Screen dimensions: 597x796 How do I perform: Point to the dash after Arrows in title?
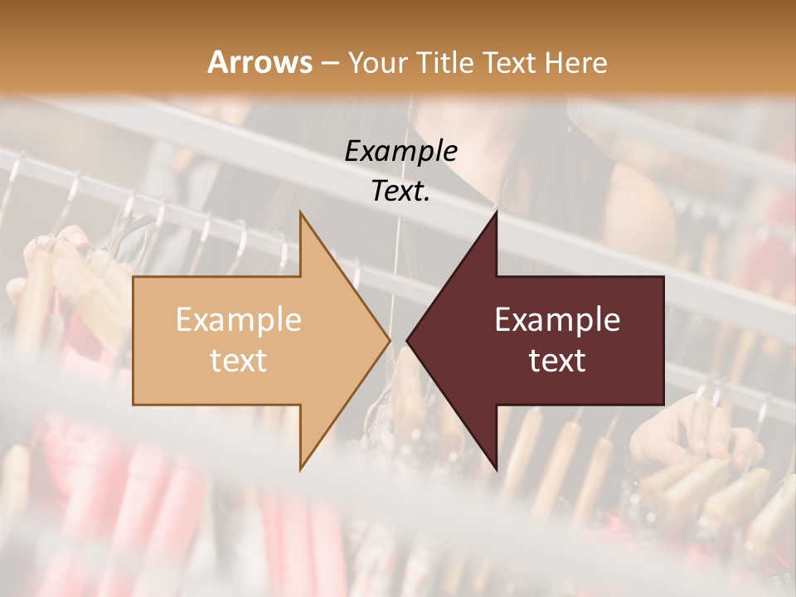click(x=330, y=63)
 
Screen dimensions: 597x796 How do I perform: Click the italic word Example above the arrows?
click(x=400, y=151)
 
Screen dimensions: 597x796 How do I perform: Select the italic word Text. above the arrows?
click(x=400, y=191)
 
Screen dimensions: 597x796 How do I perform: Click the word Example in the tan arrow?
click(x=238, y=320)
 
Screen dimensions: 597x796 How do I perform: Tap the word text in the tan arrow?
click(x=238, y=361)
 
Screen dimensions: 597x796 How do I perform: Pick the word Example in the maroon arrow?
click(x=557, y=320)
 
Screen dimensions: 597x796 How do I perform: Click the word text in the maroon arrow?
click(x=557, y=361)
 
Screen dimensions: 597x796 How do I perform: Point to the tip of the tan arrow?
click(x=390, y=340)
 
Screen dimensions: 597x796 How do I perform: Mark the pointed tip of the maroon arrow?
click(x=407, y=340)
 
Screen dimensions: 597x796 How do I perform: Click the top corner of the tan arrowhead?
click(x=300, y=212)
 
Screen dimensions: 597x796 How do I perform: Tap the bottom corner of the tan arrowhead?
click(x=300, y=469)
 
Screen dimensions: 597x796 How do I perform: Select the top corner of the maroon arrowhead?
click(x=496, y=212)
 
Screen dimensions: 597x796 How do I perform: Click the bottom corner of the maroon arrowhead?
click(x=496, y=469)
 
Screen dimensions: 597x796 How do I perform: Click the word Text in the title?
click(x=510, y=62)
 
